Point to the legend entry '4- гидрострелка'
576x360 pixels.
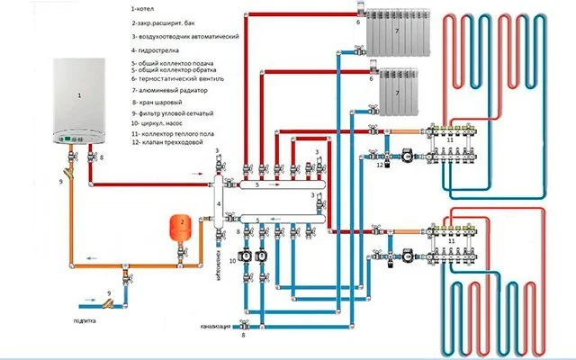157,52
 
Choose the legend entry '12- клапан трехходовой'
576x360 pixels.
171,143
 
